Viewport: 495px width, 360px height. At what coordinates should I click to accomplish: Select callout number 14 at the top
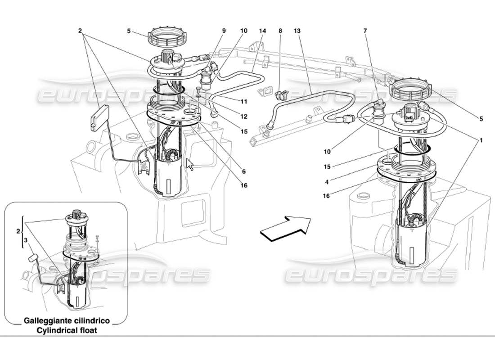pyautogui.click(x=262, y=31)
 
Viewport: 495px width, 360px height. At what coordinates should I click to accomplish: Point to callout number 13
pyautogui.click(x=297, y=31)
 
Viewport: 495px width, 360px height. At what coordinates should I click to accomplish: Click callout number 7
pyautogui.click(x=365, y=31)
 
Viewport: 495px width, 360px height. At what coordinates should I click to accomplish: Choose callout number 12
pyautogui.click(x=243, y=117)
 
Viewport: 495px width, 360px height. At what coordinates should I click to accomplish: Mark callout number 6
pyautogui.click(x=243, y=171)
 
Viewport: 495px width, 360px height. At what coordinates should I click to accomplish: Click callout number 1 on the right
pyautogui.click(x=481, y=140)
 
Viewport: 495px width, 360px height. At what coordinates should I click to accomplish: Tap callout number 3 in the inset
pyautogui.click(x=26, y=241)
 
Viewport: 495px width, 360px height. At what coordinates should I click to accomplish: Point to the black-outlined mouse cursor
pyautogui.click(x=190, y=165)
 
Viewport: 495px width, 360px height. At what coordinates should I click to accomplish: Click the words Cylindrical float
pyautogui.click(x=67, y=330)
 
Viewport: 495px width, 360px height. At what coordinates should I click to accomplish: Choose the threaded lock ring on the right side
pyautogui.click(x=410, y=90)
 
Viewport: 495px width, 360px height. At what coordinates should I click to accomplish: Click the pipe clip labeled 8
pyautogui.click(x=281, y=94)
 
